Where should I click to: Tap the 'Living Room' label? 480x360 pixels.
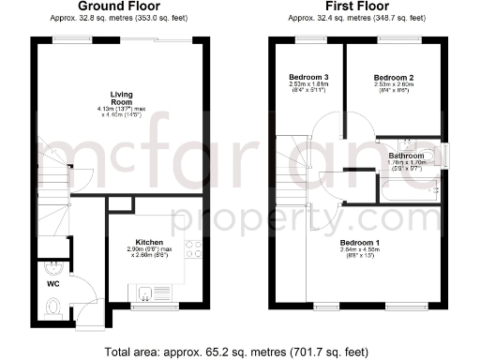pyautogui.click(x=122, y=98)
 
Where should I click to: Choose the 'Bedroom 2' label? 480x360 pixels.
pyautogui.click(x=393, y=76)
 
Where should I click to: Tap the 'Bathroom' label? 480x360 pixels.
pyautogui.click(x=408, y=156)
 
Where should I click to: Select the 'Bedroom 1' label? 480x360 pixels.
pyautogui.click(x=360, y=242)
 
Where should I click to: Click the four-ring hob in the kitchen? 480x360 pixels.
pyautogui.click(x=194, y=249)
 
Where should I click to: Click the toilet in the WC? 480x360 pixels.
pyautogui.click(x=53, y=305)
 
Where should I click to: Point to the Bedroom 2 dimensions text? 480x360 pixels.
pyautogui.click(x=393, y=87)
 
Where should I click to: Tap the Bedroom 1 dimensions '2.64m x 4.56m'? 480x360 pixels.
pyautogui.click(x=360, y=251)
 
